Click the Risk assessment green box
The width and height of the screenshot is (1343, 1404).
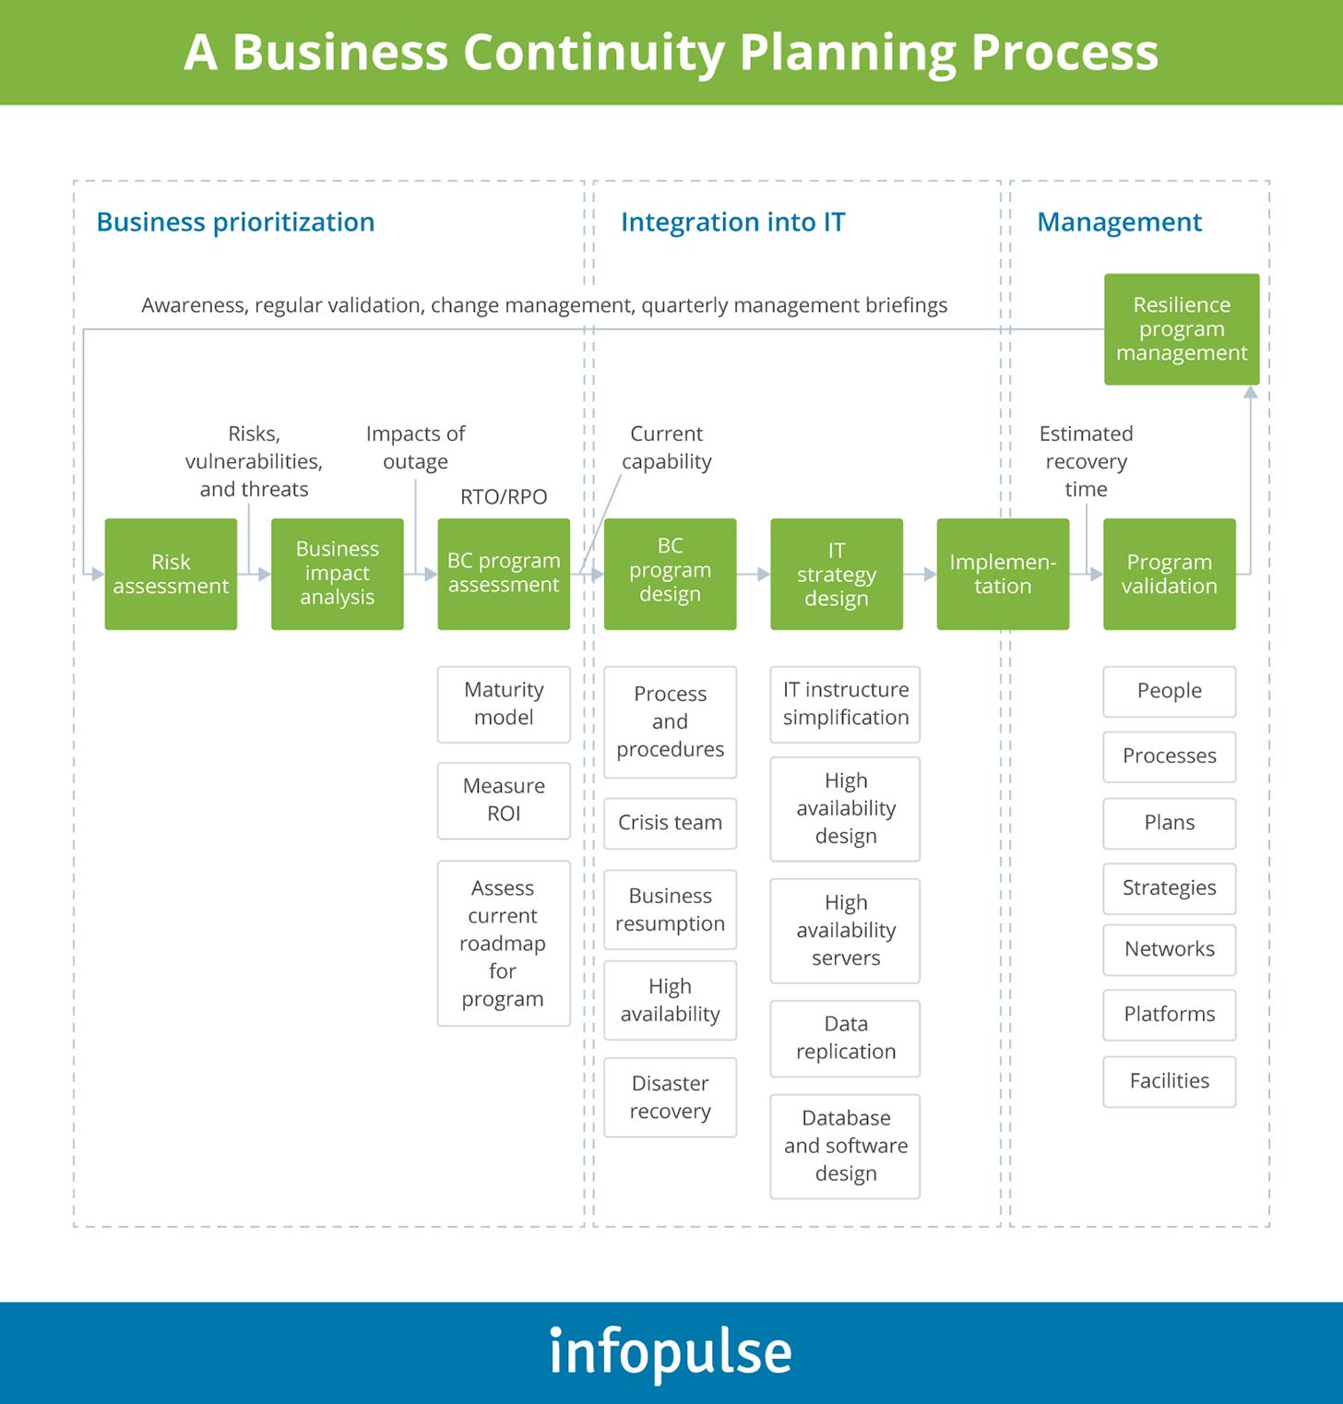(x=171, y=574)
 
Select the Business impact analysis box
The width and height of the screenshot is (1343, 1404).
(x=337, y=574)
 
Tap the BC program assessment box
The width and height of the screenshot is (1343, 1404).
(x=504, y=574)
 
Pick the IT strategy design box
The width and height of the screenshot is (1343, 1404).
(x=837, y=574)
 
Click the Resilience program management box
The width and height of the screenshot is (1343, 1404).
(x=1182, y=329)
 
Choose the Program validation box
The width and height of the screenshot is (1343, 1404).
(x=1169, y=574)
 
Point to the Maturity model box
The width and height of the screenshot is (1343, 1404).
(x=504, y=704)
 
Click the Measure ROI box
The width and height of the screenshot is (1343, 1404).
(x=504, y=800)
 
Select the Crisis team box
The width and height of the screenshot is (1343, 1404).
(x=670, y=823)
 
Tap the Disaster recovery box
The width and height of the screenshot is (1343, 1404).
(x=670, y=1097)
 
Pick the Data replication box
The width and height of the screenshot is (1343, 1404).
(x=845, y=1038)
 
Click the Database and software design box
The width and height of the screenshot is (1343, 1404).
(x=845, y=1146)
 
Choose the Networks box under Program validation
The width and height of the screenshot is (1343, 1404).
(x=1169, y=949)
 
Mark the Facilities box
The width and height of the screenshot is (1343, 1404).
(x=1169, y=1081)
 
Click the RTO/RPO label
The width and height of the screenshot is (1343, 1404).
(x=504, y=497)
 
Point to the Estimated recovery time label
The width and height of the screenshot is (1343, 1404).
(x=1086, y=461)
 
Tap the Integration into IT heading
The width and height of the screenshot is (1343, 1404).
(x=732, y=222)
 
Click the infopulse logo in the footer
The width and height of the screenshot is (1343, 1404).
(x=671, y=1352)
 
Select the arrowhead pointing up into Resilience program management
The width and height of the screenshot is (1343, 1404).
(x=1251, y=393)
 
